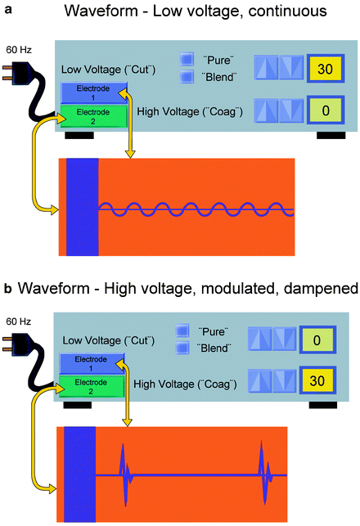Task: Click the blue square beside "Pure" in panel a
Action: tap(186, 61)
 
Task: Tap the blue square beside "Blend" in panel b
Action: tap(182, 347)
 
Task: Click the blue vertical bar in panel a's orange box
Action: tap(81, 206)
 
